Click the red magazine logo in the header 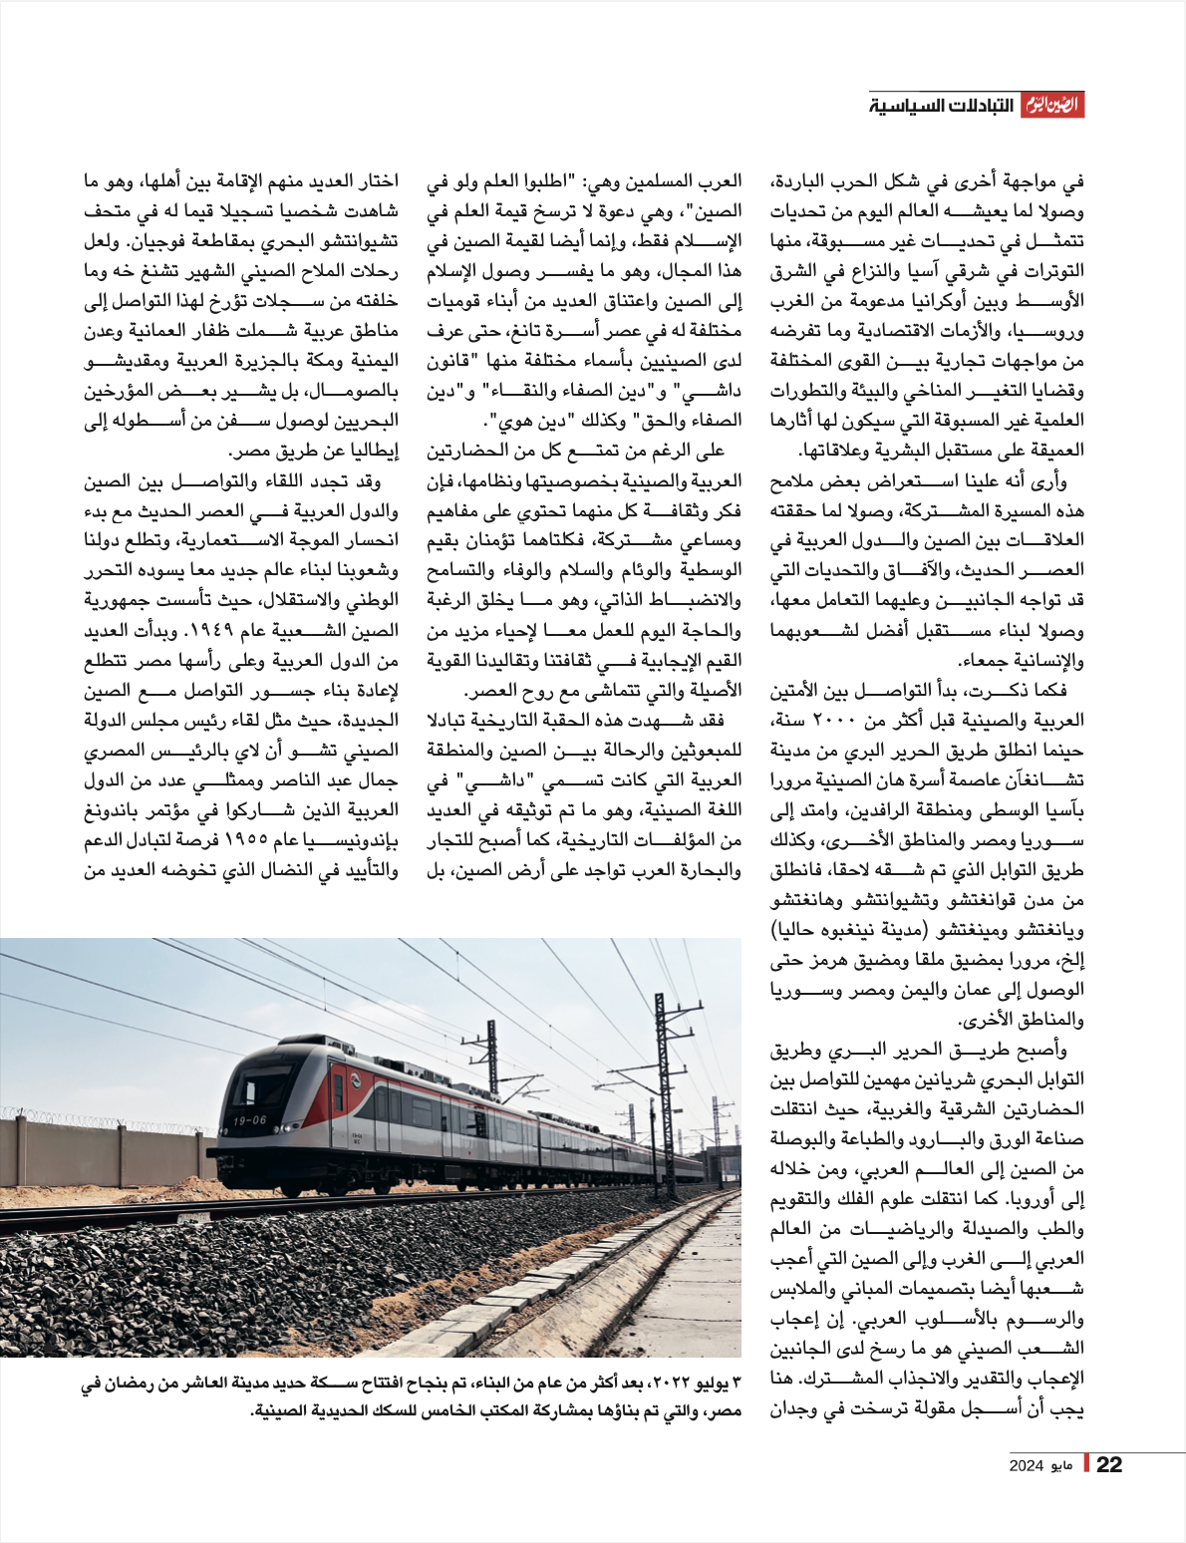pos(1051,106)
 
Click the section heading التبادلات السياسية pos(941,106)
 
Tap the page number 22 pos(1108,1464)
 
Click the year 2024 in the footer pos(1026,1465)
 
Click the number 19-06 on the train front pos(249,1120)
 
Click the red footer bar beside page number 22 pos(1087,1464)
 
